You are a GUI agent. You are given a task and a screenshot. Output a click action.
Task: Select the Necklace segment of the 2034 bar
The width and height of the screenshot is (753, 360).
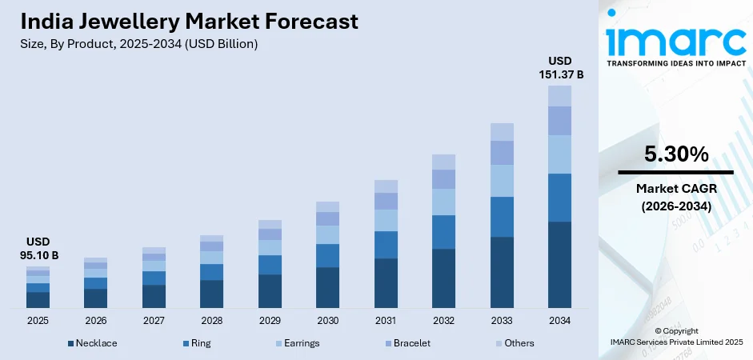pos(559,264)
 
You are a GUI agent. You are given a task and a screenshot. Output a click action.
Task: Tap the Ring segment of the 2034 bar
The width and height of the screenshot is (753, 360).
pos(559,197)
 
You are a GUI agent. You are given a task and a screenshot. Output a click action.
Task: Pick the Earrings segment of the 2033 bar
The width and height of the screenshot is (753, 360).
pos(502,180)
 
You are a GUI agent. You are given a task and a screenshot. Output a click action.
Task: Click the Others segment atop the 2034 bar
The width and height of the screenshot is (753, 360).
pos(559,95)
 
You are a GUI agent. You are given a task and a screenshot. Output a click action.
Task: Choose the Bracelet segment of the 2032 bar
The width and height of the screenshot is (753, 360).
pos(443,178)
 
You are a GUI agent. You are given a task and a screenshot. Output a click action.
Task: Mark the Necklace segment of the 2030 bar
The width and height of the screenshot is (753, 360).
pos(327,287)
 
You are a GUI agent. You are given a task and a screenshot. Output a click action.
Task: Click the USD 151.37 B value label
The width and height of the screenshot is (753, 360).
pos(559,67)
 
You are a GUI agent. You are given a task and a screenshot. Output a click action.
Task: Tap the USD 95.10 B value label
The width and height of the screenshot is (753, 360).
pos(38,248)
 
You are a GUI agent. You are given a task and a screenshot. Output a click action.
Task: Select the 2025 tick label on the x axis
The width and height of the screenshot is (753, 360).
pos(38,320)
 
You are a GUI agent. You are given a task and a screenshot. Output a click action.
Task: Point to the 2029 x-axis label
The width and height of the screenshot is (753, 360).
pos(270,320)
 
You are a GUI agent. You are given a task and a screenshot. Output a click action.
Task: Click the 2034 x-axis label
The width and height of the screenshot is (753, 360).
pos(559,320)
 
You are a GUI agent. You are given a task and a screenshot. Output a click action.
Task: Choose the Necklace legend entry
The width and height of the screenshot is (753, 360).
pos(92,343)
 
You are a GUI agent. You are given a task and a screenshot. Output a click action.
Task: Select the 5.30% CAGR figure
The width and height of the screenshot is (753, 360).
pos(675,154)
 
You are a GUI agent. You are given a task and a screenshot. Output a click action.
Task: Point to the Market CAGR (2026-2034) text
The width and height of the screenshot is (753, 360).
pos(675,196)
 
